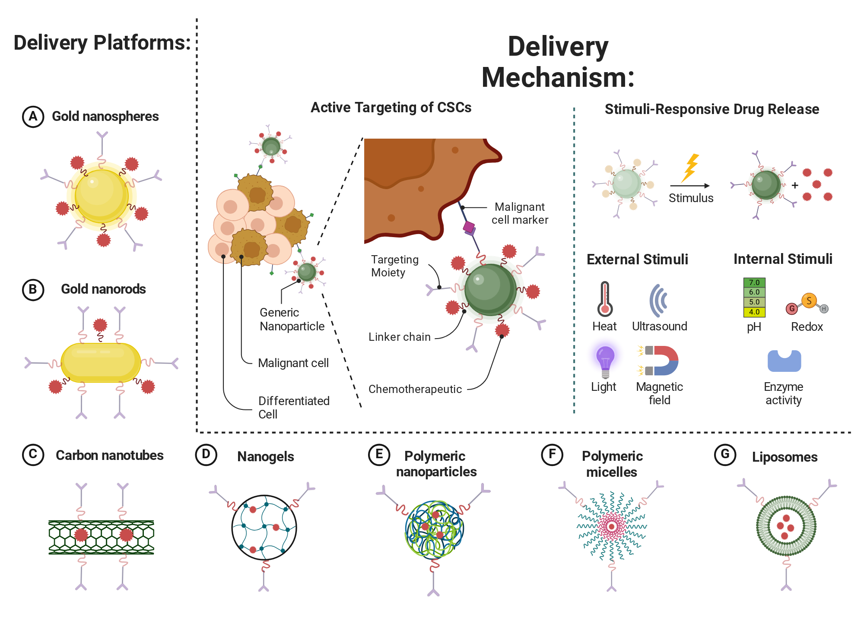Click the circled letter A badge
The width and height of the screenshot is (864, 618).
tap(33, 117)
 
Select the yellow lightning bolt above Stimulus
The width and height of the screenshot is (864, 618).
tap(690, 168)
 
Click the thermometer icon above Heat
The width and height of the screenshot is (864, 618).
tap(605, 299)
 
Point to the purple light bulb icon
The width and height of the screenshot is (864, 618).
tap(605, 361)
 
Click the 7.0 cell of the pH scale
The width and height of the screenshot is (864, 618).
tap(754, 282)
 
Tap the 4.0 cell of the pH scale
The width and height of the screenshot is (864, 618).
tap(754, 312)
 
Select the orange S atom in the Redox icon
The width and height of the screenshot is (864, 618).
tap(809, 300)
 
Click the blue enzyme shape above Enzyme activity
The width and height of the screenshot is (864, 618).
tap(784, 361)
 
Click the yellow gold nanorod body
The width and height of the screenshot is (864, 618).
tap(101, 363)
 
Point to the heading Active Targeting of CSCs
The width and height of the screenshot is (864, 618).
tap(391, 108)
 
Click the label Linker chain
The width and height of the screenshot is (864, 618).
tap(400, 337)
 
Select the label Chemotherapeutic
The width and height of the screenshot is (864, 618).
tap(415, 389)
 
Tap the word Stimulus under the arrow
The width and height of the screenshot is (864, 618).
tap(691, 198)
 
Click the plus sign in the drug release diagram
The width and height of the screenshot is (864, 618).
tap(795, 185)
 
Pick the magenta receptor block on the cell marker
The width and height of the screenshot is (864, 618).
tap(469, 227)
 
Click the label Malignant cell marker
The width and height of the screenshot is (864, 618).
tap(520, 213)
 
